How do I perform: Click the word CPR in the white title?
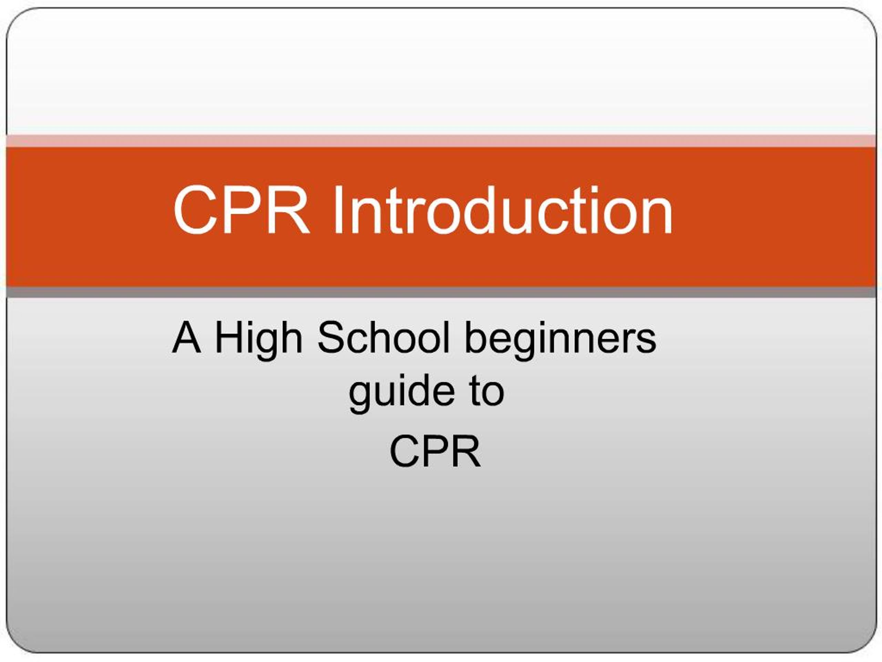click(241, 210)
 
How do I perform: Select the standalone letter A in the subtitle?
click(186, 338)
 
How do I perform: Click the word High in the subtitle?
click(258, 339)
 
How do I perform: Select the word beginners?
click(560, 339)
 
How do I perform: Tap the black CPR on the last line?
click(435, 451)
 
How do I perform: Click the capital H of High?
click(226, 338)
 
